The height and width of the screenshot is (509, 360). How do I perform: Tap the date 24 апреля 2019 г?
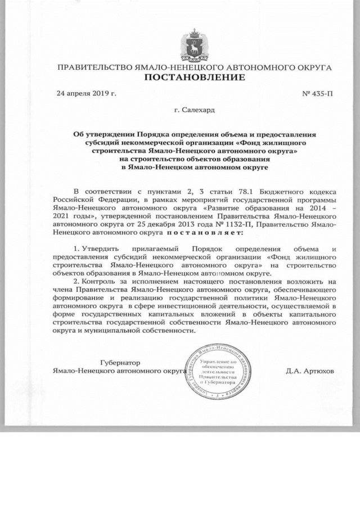pos(86,93)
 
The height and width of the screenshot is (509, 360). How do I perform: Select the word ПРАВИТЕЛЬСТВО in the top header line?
pos(93,67)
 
